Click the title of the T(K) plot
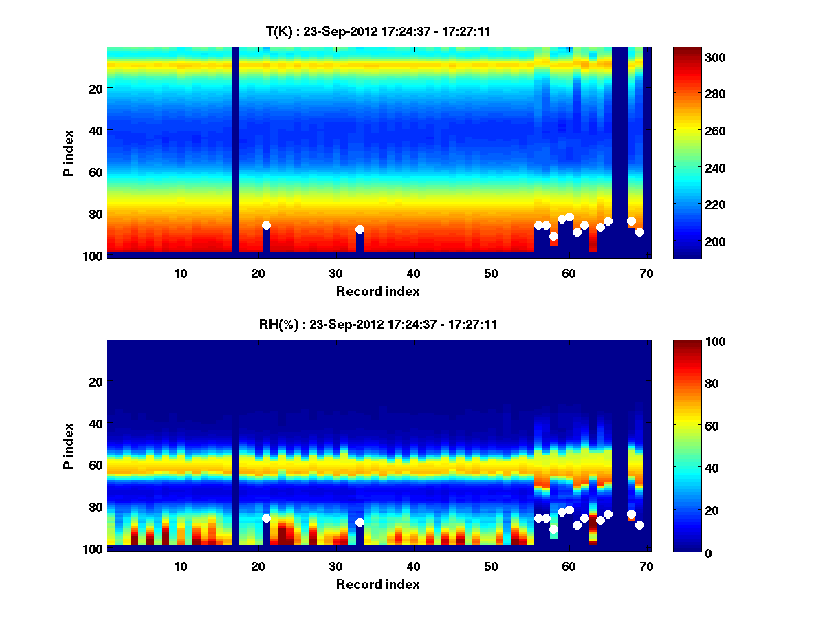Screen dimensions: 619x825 [378, 31]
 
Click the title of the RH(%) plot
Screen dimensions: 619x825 [378, 324]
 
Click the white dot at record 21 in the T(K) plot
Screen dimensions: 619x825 [266, 226]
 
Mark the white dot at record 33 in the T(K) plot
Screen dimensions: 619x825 [360, 230]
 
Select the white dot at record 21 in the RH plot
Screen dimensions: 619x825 [266, 518]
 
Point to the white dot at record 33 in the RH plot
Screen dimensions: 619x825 [360, 523]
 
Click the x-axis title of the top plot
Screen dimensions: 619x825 [378, 291]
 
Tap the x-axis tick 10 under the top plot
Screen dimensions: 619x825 [181, 272]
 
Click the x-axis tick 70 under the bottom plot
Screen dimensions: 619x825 [646, 565]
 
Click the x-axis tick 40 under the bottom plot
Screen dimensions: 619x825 [413, 565]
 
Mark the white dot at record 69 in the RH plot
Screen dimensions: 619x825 [639, 525]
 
